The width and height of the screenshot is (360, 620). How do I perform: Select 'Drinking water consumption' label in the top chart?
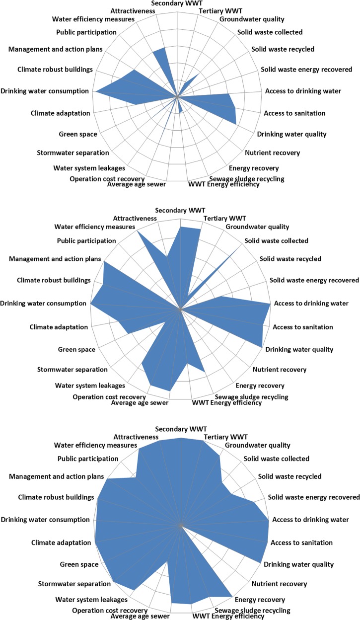[x=45, y=91]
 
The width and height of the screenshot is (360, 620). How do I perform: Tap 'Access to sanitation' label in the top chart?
[x=294, y=113]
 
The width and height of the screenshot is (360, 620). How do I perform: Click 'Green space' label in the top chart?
[x=78, y=134]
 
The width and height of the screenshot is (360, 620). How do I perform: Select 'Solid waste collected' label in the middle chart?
[x=277, y=241]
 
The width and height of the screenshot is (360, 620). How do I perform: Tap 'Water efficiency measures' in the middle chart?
[x=94, y=227]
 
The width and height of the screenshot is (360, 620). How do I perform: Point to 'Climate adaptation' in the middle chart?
[x=59, y=327]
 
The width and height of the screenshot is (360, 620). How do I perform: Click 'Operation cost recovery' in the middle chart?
[x=109, y=397]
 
